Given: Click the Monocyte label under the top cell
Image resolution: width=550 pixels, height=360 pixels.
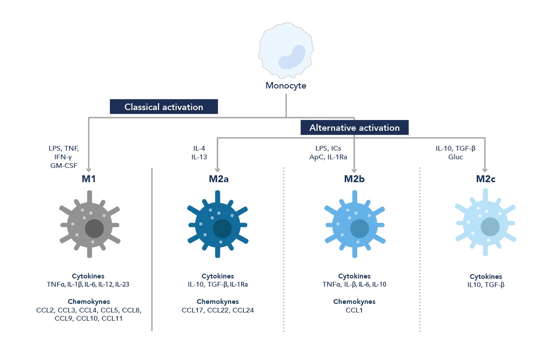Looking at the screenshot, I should click(x=286, y=85).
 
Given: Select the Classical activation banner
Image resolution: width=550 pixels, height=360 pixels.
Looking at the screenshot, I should click(x=164, y=107).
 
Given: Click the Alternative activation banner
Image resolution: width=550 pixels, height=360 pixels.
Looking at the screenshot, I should click(x=355, y=128).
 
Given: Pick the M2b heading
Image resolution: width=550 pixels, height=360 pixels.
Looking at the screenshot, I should click(x=355, y=179).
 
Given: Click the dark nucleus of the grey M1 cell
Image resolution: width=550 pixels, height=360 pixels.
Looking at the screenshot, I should click(x=94, y=228).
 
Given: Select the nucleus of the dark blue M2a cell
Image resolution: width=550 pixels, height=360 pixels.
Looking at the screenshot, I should click(x=222, y=228).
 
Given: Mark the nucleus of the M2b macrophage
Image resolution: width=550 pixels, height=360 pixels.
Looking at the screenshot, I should click(x=359, y=228).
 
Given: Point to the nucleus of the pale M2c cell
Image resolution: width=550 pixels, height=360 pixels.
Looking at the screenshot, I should click(x=490, y=226).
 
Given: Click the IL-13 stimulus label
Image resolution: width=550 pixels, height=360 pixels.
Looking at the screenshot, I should click(x=199, y=157).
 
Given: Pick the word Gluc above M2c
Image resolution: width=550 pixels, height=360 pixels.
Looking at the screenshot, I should click(x=456, y=157).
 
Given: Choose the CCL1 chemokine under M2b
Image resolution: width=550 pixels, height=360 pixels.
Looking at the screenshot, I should click(x=354, y=310).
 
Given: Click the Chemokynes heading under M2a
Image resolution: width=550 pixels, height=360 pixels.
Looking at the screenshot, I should click(x=218, y=301).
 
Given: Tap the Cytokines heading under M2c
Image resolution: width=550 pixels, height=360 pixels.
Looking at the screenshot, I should click(x=486, y=276).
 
